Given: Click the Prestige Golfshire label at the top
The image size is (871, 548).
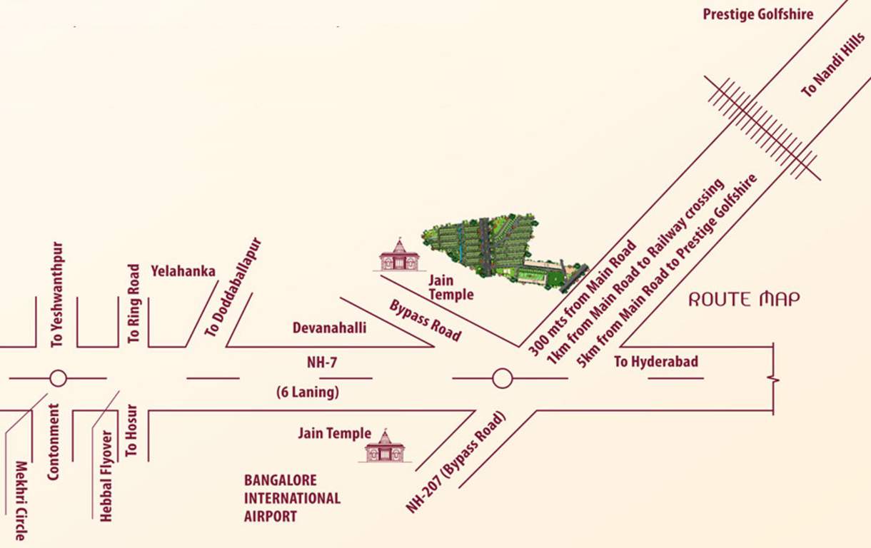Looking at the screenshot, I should point(757,14).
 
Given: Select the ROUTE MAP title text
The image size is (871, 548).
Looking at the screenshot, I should point(744,299).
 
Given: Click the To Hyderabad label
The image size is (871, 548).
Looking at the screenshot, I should point(656,362).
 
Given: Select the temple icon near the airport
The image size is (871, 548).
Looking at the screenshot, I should point(385,447).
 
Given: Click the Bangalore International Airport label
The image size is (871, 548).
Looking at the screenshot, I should point(292,498).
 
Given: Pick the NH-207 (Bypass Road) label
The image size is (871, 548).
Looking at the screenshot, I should point(456,462).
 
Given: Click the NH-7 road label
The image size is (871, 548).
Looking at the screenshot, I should point(322,362).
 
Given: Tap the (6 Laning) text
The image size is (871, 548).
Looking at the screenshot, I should point(308,392).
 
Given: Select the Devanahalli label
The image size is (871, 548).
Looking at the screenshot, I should point(329,328).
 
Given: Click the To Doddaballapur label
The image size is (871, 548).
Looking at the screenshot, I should point(233,287).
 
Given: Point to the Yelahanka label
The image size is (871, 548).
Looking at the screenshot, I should point(183,271).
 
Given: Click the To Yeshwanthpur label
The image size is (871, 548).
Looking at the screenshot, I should point(58,295).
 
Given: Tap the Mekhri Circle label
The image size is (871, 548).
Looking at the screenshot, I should point(21,500).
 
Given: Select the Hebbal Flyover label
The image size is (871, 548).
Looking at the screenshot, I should point(106,476).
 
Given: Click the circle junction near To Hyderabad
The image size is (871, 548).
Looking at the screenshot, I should point(502,378).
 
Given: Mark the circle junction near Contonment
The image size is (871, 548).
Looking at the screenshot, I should point(58,378).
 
